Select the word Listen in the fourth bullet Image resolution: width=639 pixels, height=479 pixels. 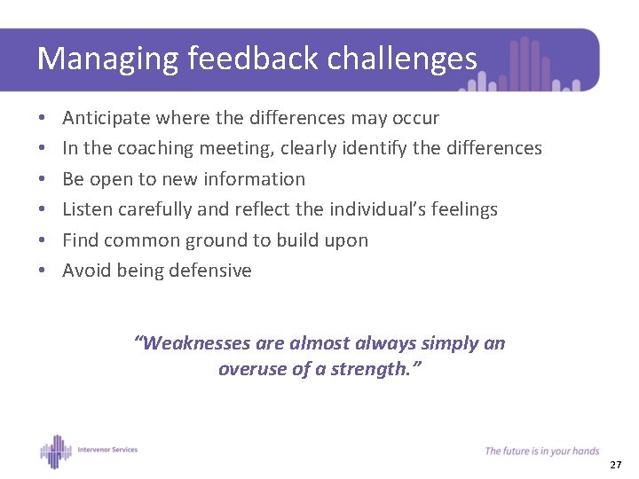click(x=86, y=209)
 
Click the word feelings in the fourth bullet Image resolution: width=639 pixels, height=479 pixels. click(x=460, y=209)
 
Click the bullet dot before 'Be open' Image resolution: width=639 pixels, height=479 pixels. click(x=43, y=179)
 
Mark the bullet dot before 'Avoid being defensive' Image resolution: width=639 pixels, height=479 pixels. click(x=43, y=271)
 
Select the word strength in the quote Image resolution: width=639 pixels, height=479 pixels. click(x=369, y=369)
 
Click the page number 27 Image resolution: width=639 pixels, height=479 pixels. click(x=616, y=466)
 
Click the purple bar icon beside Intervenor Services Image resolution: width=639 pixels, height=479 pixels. click(x=55, y=451)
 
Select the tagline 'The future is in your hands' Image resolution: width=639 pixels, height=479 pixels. click(x=541, y=452)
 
